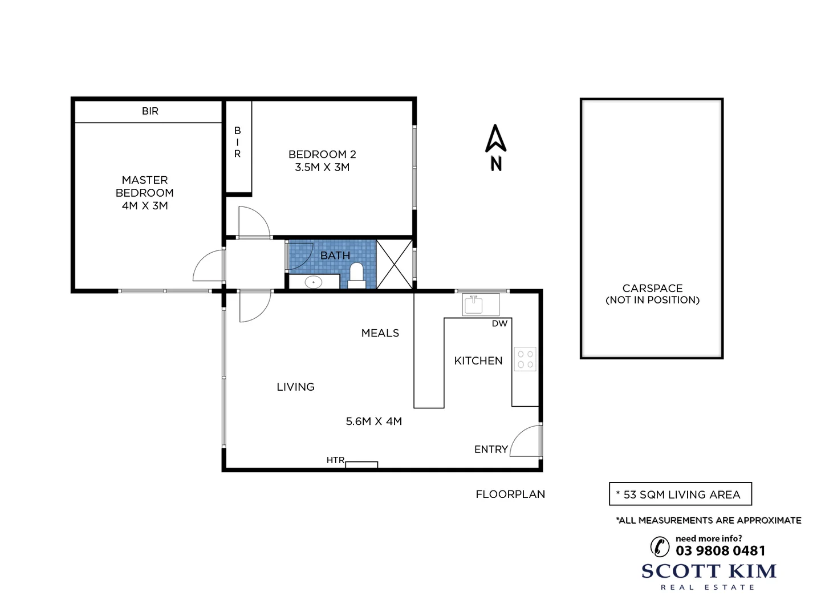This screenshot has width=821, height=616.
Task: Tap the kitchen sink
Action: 473,305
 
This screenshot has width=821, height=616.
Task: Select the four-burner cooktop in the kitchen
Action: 525,359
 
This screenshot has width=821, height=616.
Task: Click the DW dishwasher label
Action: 499,324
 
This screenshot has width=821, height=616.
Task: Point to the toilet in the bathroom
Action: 356,273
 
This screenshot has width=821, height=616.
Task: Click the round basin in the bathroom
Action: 313,282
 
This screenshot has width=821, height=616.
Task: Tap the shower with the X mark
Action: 395,265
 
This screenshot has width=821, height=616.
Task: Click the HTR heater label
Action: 335,460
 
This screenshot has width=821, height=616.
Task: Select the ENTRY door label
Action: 491,449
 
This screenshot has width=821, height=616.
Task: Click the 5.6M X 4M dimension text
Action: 374,422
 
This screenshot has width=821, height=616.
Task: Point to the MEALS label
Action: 380,333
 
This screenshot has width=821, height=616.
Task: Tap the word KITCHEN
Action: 478,360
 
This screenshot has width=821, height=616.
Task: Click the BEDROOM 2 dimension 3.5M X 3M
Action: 322,167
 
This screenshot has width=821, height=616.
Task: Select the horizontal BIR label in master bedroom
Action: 150,111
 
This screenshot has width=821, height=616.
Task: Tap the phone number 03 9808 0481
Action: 721,551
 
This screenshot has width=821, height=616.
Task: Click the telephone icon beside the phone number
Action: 660,546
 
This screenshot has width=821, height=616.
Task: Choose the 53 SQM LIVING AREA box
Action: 680,495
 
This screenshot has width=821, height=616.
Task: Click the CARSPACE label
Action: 652,289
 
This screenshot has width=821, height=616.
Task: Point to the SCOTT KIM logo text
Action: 709,571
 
